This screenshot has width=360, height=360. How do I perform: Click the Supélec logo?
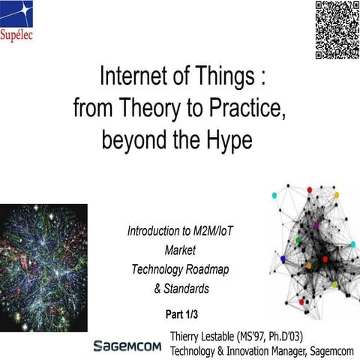pyautogui.click(x=18, y=20)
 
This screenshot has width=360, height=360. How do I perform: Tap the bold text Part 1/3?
pyautogui.click(x=180, y=313)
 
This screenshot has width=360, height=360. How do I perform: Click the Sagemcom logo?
pyautogui.click(x=127, y=345)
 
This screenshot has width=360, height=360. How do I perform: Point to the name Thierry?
pyautogui.click(x=189, y=334)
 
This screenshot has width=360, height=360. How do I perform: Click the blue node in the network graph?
pyautogui.click(x=283, y=259)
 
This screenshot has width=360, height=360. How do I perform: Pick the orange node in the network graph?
pyautogui.click(x=307, y=265)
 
